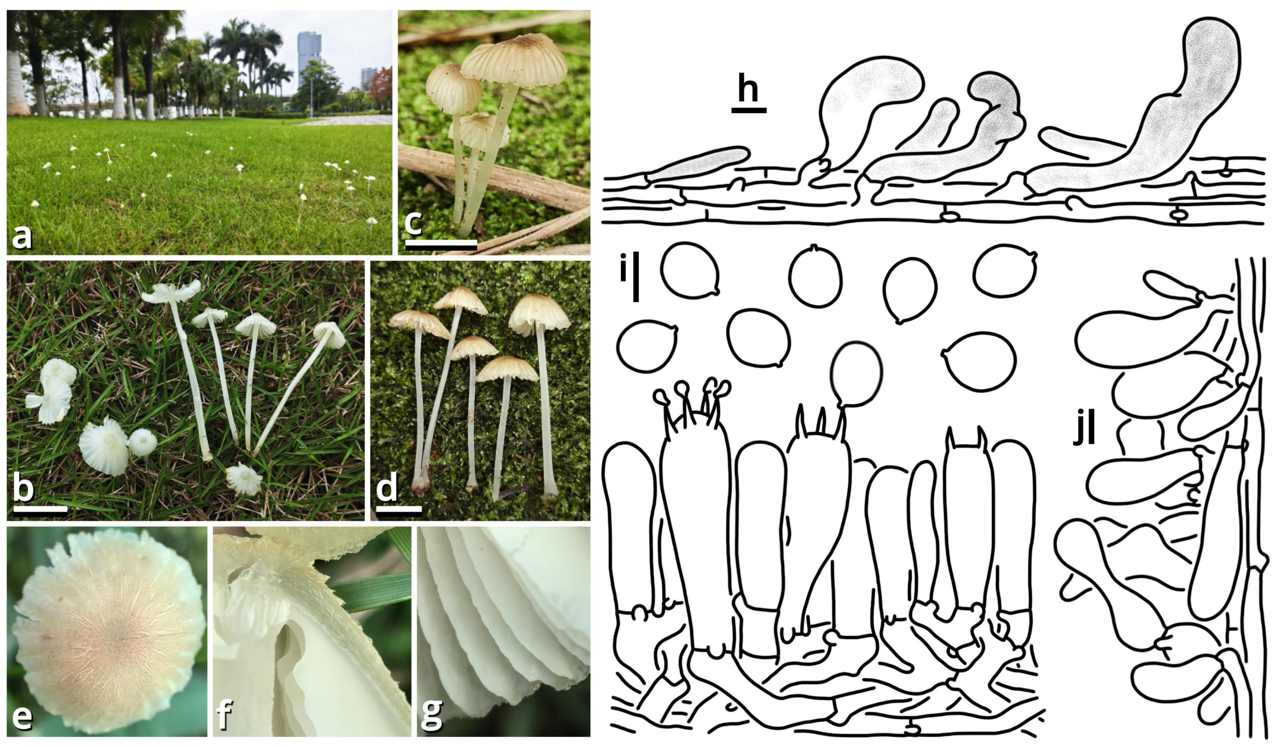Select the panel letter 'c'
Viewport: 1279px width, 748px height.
pyautogui.click(x=413, y=222)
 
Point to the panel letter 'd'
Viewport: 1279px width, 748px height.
pyautogui.click(x=387, y=488)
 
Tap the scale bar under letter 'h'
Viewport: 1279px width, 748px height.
pyautogui.click(x=748, y=110)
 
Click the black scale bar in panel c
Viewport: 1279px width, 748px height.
pyautogui.click(x=441, y=246)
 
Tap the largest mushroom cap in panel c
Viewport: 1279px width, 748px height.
pyautogui.click(x=514, y=60)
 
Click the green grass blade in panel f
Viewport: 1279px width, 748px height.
pyautogui.click(x=371, y=592)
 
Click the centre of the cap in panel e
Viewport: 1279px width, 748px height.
pyautogui.click(x=109, y=632)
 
